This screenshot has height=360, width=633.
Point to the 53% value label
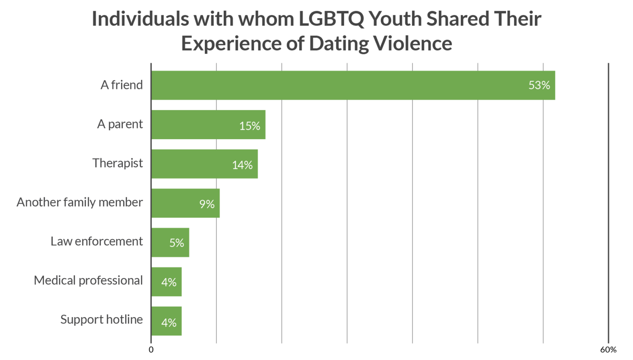(x=539, y=85)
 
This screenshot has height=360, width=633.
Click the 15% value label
(x=250, y=126)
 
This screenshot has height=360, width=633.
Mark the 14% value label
(x=242, y=165)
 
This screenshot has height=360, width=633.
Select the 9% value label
(x=207, y=204)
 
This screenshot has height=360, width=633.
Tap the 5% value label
(x=176, y=243)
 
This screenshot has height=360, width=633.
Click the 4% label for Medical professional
(x=169, y=282)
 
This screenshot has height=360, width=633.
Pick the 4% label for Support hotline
(x=169, y=322)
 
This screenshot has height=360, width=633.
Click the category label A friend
(x=122, y=85)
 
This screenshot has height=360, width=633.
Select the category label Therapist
(x=118, y=163)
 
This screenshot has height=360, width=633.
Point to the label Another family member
(x=80, y=202)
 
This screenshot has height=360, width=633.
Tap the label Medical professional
(x=89, y=281)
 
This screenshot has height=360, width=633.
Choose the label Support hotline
(x=102, y=320)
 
